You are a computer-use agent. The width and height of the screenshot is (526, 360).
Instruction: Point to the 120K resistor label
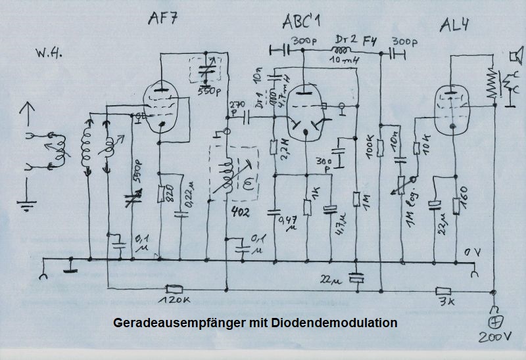coord(174,302)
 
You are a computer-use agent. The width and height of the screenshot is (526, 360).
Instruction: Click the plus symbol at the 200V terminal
coord(494,322)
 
